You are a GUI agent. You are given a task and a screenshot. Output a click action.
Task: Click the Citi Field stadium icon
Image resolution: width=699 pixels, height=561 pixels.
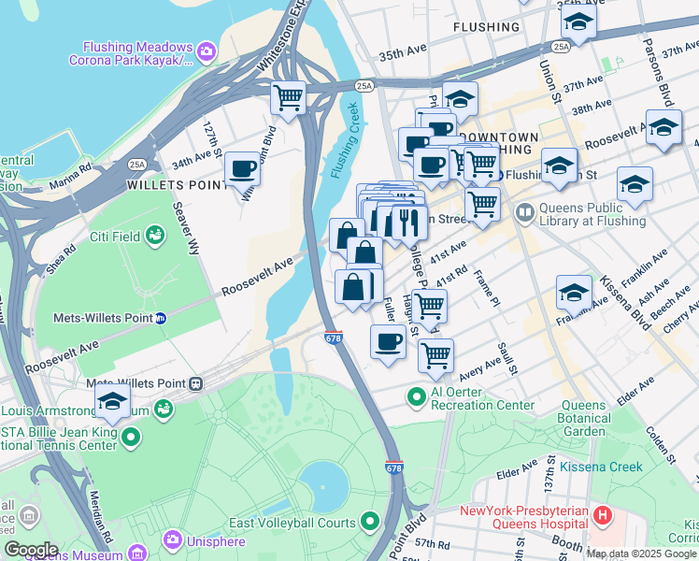point(154,237)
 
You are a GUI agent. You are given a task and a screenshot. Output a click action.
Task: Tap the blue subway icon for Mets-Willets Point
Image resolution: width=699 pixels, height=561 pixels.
point(160,318)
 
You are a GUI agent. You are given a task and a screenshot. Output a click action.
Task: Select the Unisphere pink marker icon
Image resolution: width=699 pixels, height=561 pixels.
point(171,539)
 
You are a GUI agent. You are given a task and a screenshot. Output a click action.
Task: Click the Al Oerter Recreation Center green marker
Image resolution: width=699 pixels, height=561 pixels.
point(417,396)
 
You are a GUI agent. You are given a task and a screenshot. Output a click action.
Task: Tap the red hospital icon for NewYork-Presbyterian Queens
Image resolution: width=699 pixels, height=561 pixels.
point(603,513)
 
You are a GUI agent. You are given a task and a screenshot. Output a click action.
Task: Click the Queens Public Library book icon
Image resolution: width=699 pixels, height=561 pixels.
point(523,213)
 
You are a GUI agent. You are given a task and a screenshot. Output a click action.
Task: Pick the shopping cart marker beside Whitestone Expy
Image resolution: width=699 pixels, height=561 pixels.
point(288,96)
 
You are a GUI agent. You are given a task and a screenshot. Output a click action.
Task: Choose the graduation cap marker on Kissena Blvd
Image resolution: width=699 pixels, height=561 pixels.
point(574,293)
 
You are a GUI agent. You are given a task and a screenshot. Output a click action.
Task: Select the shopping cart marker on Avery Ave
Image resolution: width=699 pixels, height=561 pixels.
point(435,356)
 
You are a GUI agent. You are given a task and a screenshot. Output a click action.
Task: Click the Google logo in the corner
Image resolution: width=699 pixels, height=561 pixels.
point(31,550)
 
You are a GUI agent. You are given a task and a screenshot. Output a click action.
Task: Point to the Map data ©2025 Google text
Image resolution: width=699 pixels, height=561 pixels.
point(640,554)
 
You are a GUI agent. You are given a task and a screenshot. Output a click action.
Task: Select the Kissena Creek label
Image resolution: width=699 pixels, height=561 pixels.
point(601,466)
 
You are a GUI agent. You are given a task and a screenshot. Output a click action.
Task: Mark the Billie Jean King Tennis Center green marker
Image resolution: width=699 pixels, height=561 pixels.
point(130,437)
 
